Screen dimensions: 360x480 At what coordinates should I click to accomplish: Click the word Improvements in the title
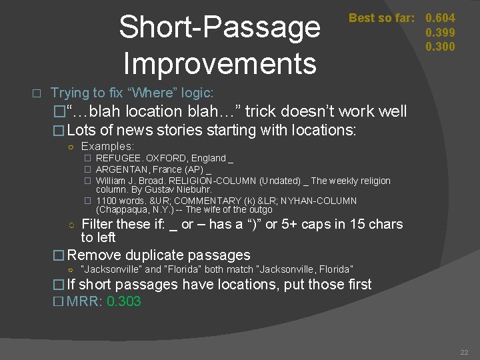coord(220,63)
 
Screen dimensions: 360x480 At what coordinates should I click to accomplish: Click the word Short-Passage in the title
coord(220,28)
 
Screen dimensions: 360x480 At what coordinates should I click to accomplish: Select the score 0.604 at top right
coord(441,18)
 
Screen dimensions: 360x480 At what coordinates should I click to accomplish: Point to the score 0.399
coord(441,32)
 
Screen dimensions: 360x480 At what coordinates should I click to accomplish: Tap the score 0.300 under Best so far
coord(441,46)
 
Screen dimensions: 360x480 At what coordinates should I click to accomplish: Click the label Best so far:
coord(381,18)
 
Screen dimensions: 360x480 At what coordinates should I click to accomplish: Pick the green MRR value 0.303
coord(124,301)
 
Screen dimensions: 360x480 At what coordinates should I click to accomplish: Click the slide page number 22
coord(464,352)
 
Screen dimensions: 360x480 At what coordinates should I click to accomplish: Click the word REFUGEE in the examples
coord(117,158)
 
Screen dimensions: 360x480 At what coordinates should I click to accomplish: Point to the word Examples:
coord(107,146)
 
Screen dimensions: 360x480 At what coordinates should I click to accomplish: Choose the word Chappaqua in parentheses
coord(122,209)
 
